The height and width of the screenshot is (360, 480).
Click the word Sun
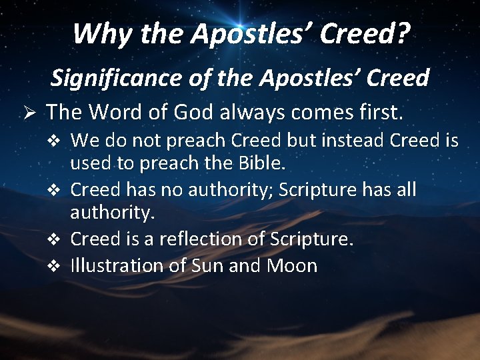[x=208, y=265]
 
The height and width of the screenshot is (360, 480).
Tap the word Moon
[x=292, y=265]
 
